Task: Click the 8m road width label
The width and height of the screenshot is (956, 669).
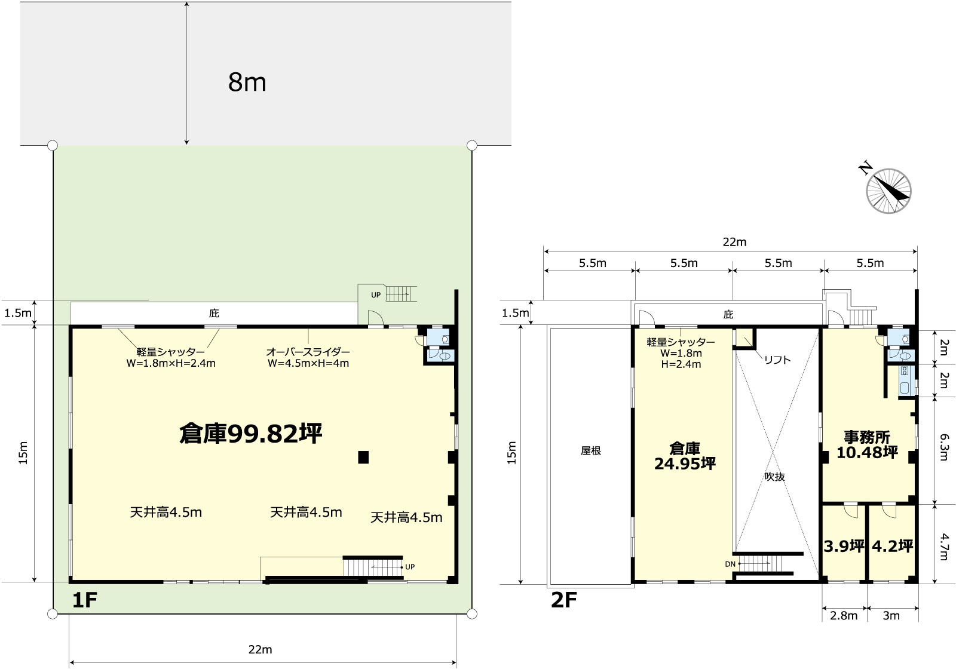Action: (x=247, y=82)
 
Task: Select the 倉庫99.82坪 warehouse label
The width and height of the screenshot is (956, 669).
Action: (x=250, y=434)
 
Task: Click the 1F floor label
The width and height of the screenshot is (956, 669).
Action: (x=85, y=600)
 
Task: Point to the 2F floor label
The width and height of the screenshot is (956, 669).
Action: (x=564, y=600)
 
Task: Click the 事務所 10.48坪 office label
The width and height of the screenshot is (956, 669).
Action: (x=867, y=444)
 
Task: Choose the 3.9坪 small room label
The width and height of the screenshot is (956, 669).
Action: (x=844, y=546)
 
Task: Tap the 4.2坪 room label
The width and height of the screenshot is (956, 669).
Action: (x=892, y=546)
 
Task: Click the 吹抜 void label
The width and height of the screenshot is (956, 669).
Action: (x=774, y=477)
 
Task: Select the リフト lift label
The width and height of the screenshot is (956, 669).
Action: (x=777, y=360)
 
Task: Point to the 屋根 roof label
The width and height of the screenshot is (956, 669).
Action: (x=591, y=450)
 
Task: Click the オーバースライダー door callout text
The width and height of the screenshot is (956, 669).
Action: (x=308, y=358)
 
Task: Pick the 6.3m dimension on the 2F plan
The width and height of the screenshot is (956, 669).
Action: (x=943, y=447)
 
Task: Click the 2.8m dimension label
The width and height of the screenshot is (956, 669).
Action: (x=844, y=616)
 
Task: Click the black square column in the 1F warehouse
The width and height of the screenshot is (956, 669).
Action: (x=363, y=457)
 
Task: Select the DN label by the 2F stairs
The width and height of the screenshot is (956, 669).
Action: (x=730, y=564)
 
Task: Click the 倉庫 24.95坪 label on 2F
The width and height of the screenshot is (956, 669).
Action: (x=685, y=456)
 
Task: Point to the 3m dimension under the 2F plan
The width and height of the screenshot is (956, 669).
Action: (x=891, y=616)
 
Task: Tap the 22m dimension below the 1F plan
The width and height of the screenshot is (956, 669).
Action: (x=261, y=649)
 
